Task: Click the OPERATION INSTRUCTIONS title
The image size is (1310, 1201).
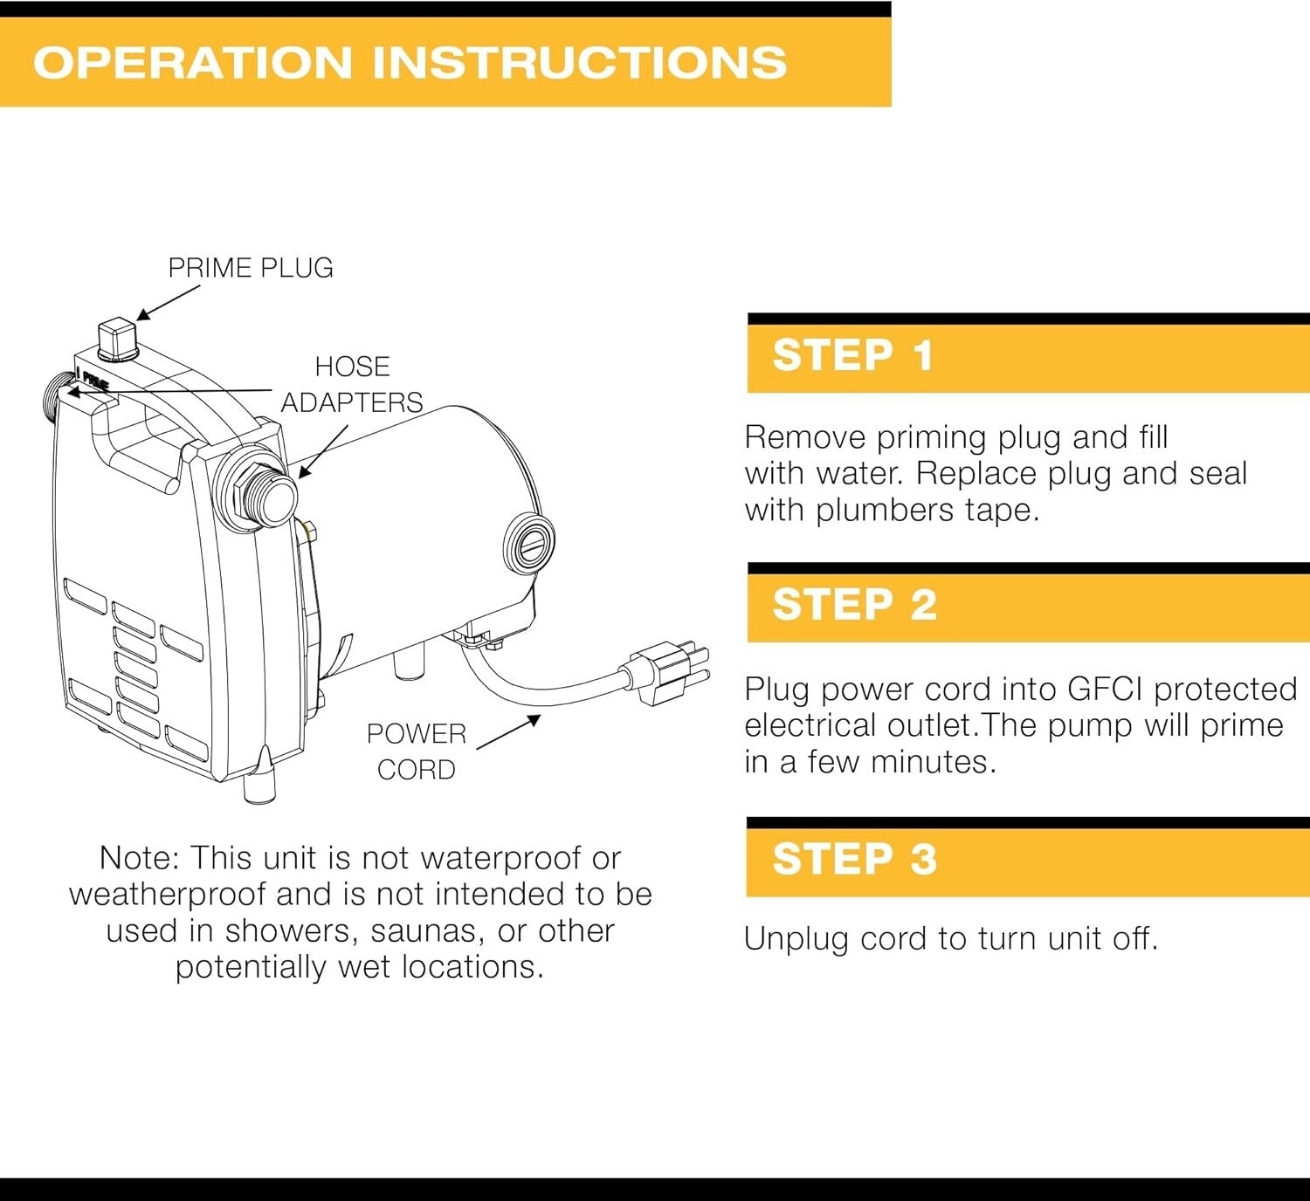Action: tap(410, 63)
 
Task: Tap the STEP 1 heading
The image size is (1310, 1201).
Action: tap(852, 356)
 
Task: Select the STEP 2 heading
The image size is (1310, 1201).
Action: tap(853, 605)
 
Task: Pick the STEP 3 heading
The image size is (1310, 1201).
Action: tap(853, 858)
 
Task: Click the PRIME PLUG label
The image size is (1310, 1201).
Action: tap(251, 268)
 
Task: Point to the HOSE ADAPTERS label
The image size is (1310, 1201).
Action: tap(352, 384)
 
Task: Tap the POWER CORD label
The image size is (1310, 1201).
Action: tap(417, 751)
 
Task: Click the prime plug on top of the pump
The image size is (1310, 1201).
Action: tap(118, 339)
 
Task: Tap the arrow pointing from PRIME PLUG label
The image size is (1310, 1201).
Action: tap(168, 302)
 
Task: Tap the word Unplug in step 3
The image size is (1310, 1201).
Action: tap(796, 939)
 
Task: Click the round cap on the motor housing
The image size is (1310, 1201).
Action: tap(530, 543)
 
